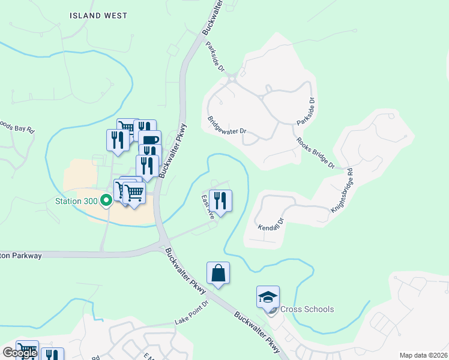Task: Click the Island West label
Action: pos(98,16)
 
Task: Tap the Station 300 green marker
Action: pos(107,200)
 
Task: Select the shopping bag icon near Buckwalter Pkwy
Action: pos(218,273)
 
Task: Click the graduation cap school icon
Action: pos(268,296)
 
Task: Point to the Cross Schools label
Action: pos(306,310)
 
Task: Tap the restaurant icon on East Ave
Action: pos(220,200)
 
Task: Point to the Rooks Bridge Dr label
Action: pos(315,154)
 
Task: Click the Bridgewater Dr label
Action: pos(228,124)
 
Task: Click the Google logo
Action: pos(19,353)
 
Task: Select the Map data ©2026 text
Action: pos(423,355)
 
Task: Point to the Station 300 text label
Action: pos(77,200)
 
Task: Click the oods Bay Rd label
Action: pos(17,128)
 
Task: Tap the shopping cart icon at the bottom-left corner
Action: pos(26,350)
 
